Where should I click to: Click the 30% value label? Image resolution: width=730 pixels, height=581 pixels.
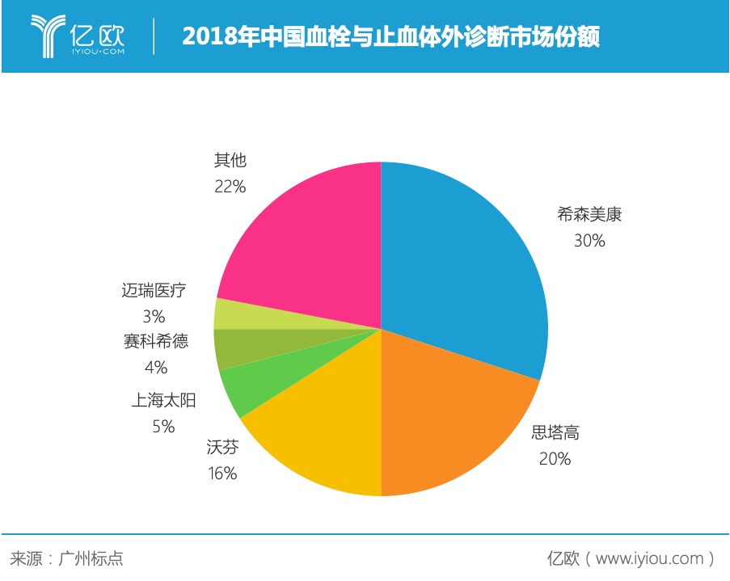tap(589, 240)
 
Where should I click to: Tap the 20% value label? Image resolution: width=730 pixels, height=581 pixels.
tap(555, 459)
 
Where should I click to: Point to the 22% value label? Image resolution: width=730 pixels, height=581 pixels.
tap(230, 187)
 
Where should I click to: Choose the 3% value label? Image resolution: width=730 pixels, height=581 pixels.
tap(154, 316)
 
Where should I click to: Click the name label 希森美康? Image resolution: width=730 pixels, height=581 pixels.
tap(589, 215)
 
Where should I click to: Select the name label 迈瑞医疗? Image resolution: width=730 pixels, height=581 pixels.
tap(154, 290)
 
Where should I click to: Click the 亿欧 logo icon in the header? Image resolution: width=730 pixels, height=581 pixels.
tap(48, 36)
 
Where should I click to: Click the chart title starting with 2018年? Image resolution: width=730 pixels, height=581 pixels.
tap(390, 37)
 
